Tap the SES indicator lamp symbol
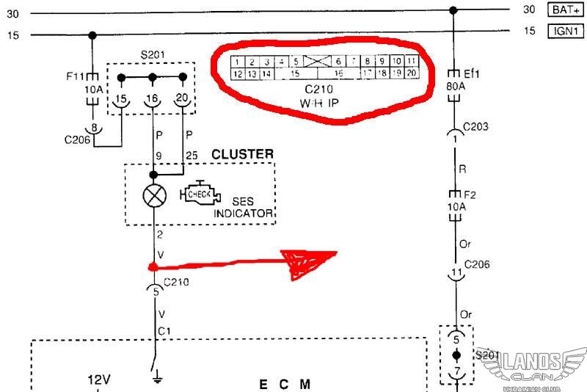[x=154, y=195]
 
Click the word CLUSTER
[x=242, y=154]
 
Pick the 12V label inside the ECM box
[x=99, y=380]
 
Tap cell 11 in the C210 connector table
[x=412, y=61]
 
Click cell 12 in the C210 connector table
[x=237, y=73]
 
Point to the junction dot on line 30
[x=453, y=10]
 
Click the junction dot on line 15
[x=92, y=35]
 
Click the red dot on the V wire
[x=153, y=266]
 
